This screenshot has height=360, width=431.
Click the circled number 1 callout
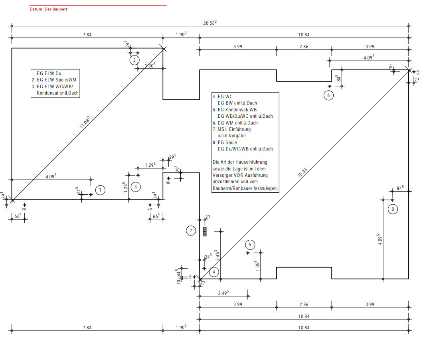(101, 190)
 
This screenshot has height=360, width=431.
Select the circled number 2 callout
(134, 60)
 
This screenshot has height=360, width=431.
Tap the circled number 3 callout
(136, 186)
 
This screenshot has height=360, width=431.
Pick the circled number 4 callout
(214, 272)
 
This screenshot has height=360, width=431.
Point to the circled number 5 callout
(250, 245)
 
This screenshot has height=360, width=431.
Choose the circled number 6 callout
(328, 95)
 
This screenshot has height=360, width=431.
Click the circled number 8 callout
(393, 209)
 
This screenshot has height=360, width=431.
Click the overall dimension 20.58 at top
(210, 23)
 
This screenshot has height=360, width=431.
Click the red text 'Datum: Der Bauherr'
(48, 9)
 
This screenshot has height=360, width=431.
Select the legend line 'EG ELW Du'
(46, 73)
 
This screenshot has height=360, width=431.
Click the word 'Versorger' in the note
(223, 175)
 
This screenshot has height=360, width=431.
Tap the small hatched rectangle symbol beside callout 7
(205, 231)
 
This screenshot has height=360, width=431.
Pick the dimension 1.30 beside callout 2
(150, 65)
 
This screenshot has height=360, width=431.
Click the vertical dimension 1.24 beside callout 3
(126, 188)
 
